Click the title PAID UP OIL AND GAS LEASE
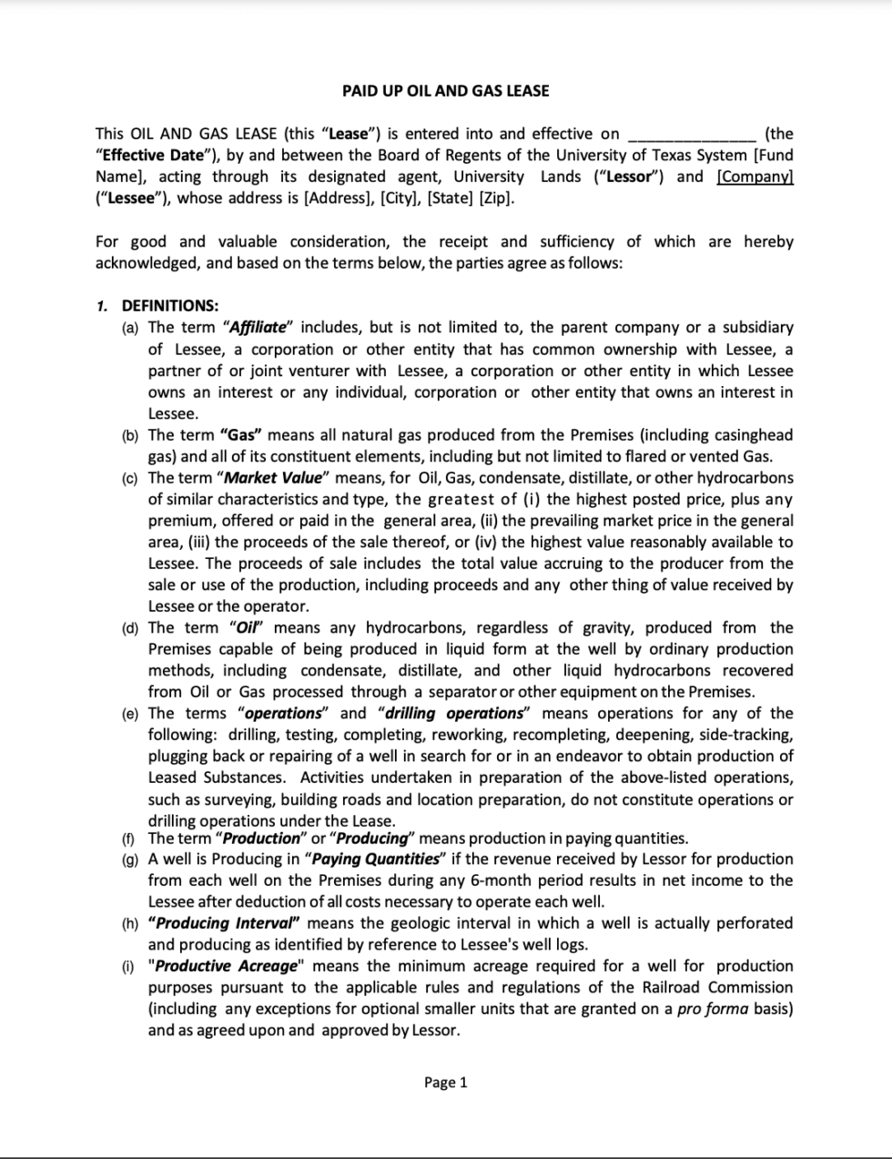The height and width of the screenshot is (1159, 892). click(x=445, y=90)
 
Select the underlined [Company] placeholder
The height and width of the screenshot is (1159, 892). click(x=755, y=177)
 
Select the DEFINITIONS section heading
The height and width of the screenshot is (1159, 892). click(x=170, y=306)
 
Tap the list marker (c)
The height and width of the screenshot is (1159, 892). click(x=131, y=478)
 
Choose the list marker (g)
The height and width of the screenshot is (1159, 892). click(x=131, y=859)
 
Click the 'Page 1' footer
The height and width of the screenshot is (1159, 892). click(x=445, y=1083)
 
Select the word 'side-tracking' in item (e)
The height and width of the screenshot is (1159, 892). click(x=746, y=735)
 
